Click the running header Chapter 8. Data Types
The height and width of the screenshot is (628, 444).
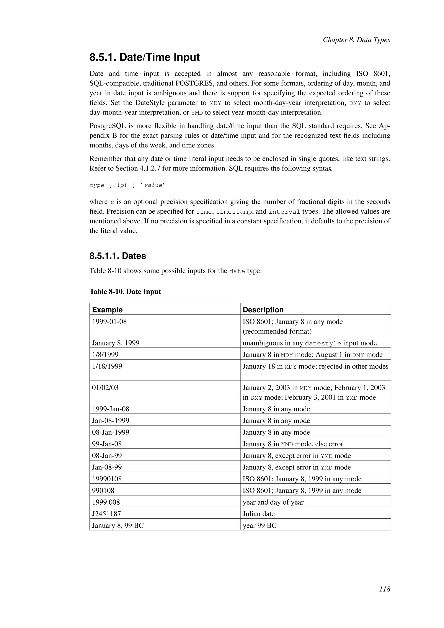click(356, 40)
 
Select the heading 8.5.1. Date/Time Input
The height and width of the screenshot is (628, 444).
click(145, 57)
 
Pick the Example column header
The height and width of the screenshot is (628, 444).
click(107, 310)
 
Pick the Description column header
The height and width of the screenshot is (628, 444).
click(263, 310)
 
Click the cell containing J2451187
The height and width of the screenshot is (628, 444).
click(106, 514)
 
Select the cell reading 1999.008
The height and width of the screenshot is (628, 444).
click(106, 502)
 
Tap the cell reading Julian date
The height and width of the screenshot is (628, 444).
click(258, 514)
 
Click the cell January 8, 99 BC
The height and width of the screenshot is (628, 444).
click(118, 525)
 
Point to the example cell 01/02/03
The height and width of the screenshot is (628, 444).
click(105, 388)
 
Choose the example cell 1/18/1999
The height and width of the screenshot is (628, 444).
click(107, 366)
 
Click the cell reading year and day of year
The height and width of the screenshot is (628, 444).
click(273, 502)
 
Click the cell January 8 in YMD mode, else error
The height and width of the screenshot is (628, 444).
click(292, 444)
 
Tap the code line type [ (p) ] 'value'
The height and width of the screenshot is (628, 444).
click(127, 185)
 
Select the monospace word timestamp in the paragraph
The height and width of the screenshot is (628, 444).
click(234, 212)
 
